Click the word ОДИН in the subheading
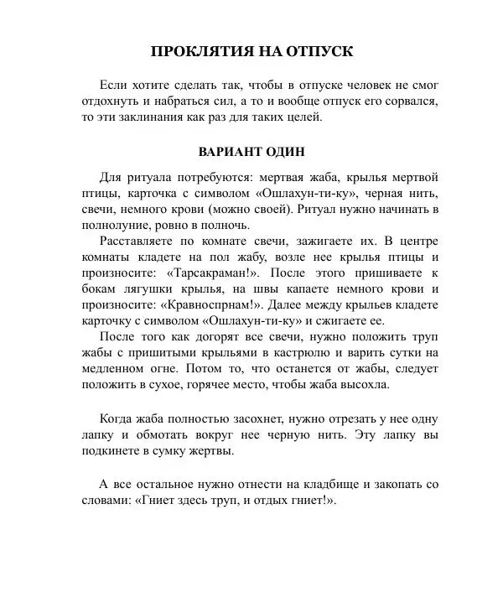[282, 153]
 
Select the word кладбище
[324, 485]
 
